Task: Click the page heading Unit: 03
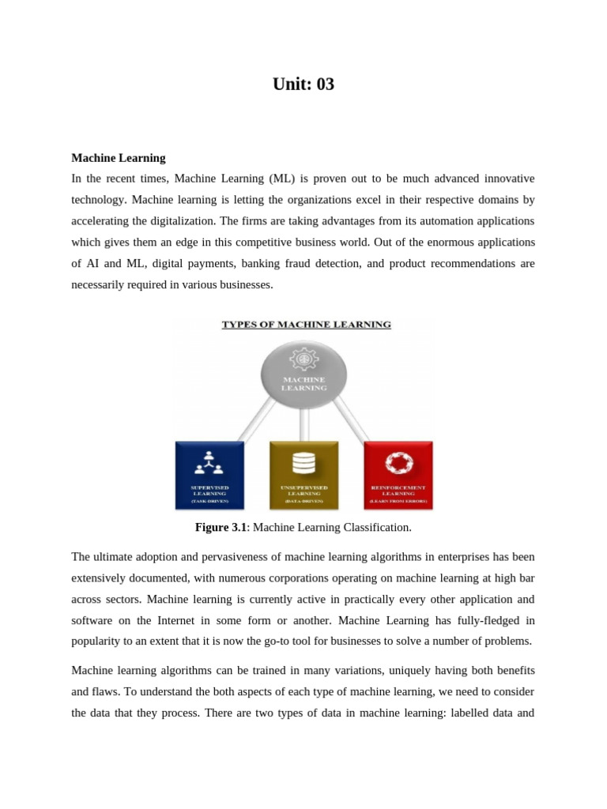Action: (303, 84)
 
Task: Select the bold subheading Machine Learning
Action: (119, 158)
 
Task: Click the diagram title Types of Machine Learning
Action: (306, 324)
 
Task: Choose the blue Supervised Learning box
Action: (210, 475)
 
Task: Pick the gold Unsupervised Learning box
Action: (304, 475)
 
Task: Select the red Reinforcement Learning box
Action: (398, 475)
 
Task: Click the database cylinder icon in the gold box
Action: (304, 462)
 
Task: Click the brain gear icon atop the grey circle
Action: (304, 359)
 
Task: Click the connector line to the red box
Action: (351, 419)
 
